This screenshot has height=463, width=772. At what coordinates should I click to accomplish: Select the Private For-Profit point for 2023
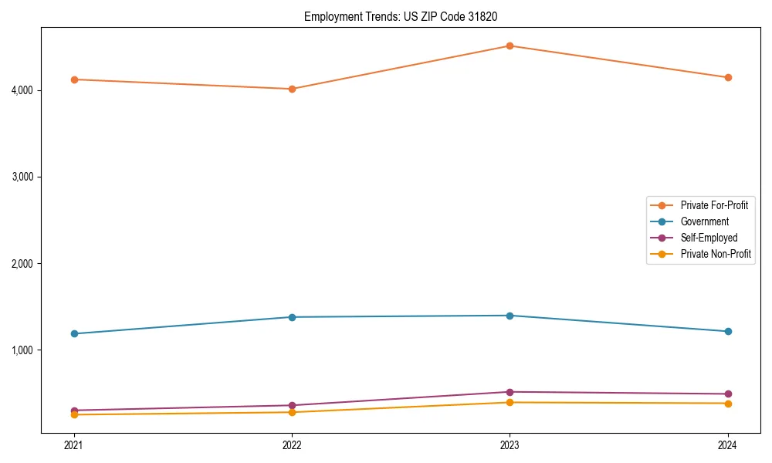[510, 46]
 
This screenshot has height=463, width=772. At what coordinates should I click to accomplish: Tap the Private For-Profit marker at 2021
[74, 79]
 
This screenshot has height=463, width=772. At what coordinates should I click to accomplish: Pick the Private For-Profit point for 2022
[292, 89]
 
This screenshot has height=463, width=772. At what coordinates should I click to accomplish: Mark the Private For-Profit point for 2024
[728, 77]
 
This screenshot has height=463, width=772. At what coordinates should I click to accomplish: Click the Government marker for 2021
[74, 333]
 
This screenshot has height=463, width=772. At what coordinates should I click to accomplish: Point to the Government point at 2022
[292, 317]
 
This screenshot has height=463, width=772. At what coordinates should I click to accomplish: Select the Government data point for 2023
[510, 316]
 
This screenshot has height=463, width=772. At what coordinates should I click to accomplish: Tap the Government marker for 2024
[728, 331]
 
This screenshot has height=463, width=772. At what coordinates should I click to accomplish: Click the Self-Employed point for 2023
[510, 392]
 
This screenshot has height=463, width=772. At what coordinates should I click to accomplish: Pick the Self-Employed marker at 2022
[292, 405]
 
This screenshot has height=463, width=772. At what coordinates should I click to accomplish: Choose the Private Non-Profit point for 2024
[728, 403]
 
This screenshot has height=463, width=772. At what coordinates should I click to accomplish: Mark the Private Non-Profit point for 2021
[74, 414]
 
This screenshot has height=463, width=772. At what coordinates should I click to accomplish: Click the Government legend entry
[704, 221]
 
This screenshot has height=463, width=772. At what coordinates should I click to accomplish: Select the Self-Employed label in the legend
[709, 238]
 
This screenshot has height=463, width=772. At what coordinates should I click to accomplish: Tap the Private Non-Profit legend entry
[716, 254]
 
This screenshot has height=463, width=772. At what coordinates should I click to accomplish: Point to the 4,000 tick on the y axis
[21, 90]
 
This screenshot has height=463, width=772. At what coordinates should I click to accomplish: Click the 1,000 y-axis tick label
[21, 350]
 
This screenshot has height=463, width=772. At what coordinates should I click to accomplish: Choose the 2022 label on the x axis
[292, 445]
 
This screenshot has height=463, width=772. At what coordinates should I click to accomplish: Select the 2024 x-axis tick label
[728, 445]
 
